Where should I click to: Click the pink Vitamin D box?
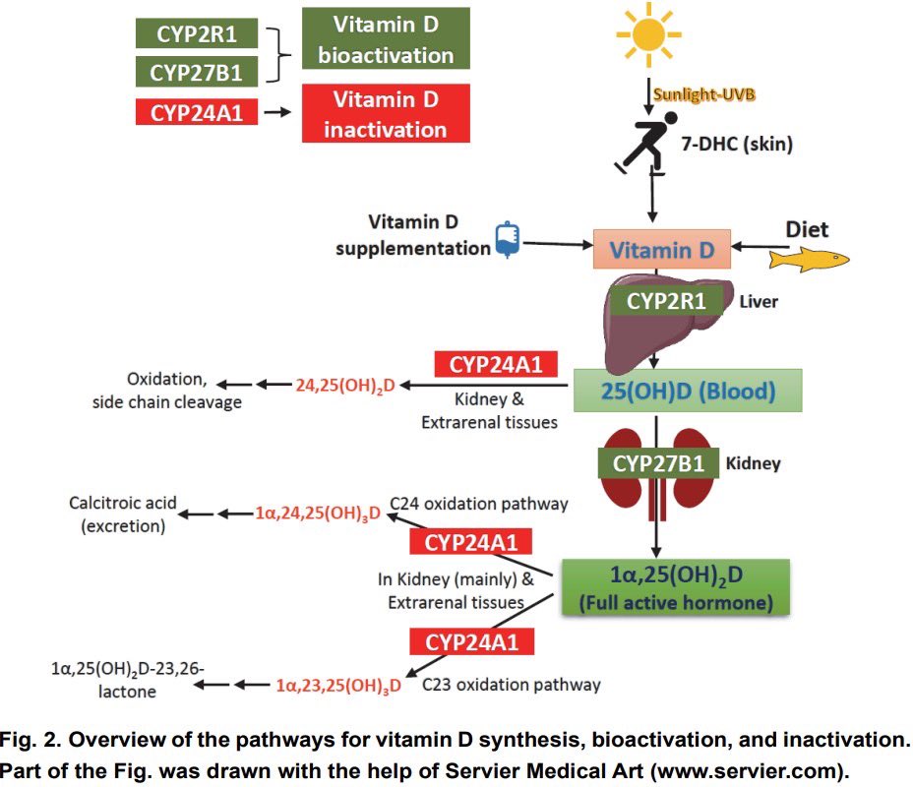tap(661, 250)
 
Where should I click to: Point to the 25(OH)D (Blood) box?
tap(688, 391)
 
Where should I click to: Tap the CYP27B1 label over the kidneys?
tap(658, 463)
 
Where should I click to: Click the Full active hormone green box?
tap(676, 586)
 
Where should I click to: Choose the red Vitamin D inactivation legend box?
tap(385, 114)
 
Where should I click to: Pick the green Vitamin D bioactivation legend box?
tap(385, 38)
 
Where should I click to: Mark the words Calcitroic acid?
tap(123, 503)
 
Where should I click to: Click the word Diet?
tap(806, 229)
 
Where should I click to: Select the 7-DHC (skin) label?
tap(736, 144)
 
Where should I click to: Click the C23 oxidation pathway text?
tap(511, 684)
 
